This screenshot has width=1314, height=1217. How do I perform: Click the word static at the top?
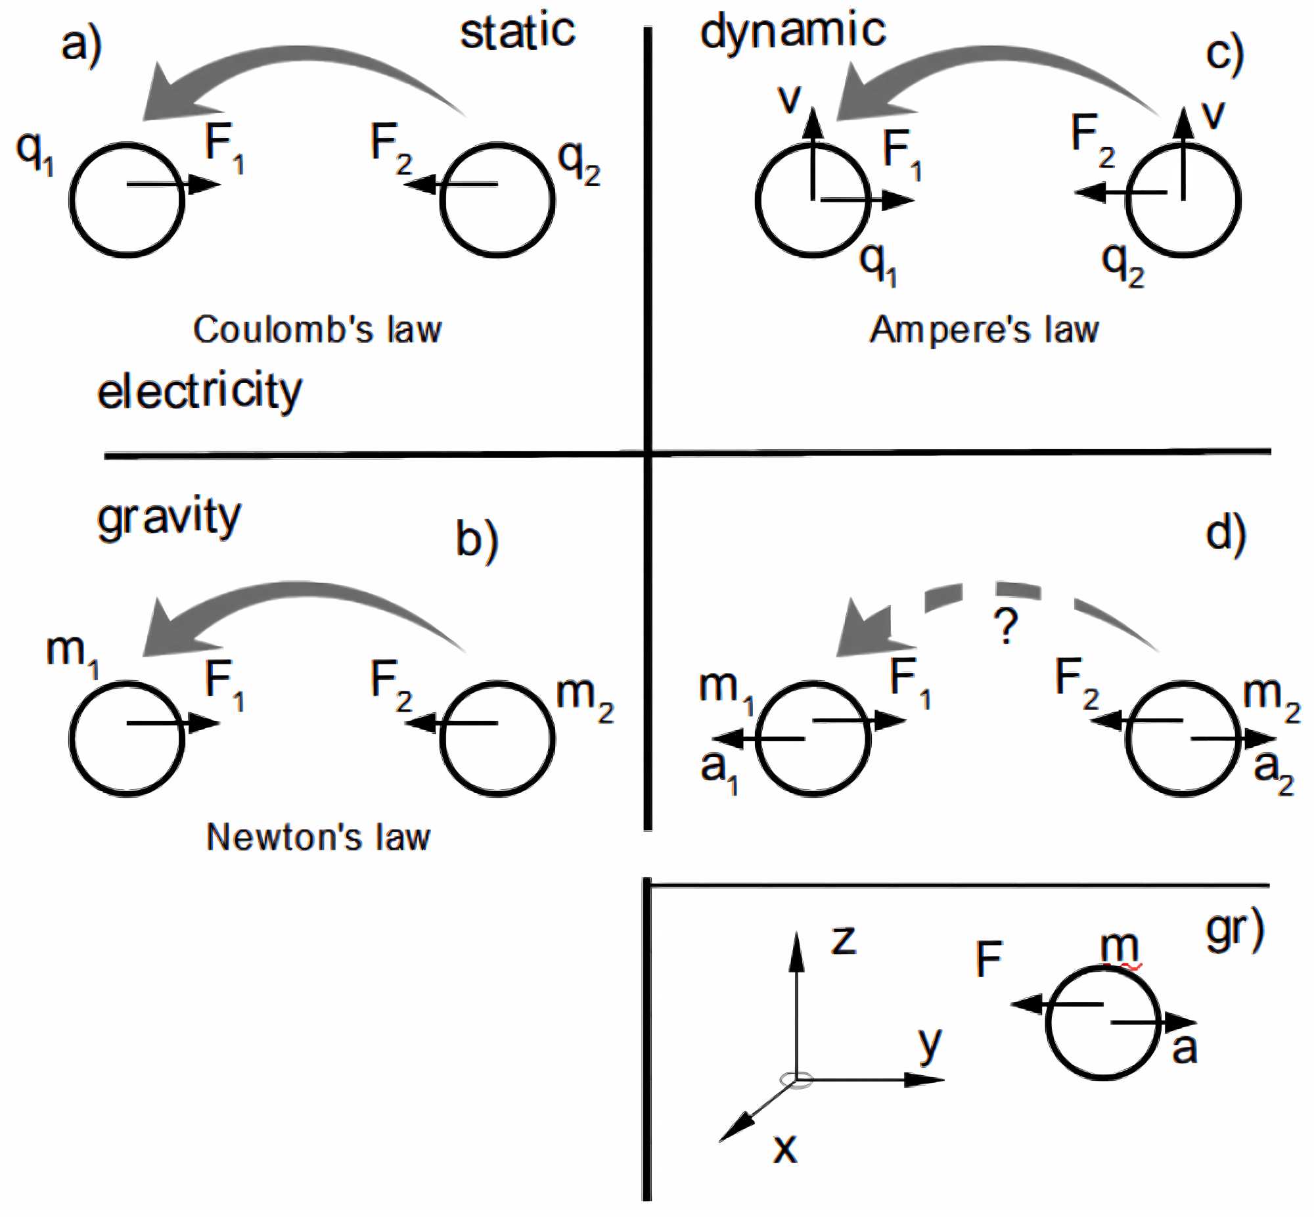pos(518,32)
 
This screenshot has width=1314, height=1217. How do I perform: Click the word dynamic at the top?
pos(792,32)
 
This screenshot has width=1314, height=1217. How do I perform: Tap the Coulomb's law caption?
pos(317,329)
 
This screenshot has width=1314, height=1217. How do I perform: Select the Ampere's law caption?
pos(984,329)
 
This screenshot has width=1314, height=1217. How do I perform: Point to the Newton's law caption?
pos(318,838)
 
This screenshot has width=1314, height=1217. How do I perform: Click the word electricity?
pos(199,392)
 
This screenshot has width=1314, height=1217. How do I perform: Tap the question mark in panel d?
pos(1006,627)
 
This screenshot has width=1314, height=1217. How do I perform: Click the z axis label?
pos(844,939)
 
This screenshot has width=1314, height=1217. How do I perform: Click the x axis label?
pos(784,1149)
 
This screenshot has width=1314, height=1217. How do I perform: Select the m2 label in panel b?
pos(585,697)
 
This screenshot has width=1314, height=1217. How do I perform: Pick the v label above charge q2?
pos(1213,114)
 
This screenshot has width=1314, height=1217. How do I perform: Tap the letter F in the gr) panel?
pos(989,959)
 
